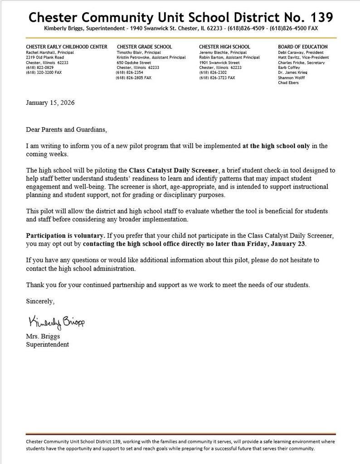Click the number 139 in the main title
319,17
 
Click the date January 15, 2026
50,102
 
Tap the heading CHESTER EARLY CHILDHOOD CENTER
67,47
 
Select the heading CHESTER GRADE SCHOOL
144,47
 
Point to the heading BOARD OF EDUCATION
302,47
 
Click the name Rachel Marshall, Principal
50,53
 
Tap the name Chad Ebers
288,83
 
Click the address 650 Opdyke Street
134,63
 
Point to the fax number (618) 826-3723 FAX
217,77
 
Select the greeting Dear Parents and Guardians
67,130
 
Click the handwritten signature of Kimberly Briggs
56,322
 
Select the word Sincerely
40,301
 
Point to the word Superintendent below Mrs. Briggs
48,344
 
